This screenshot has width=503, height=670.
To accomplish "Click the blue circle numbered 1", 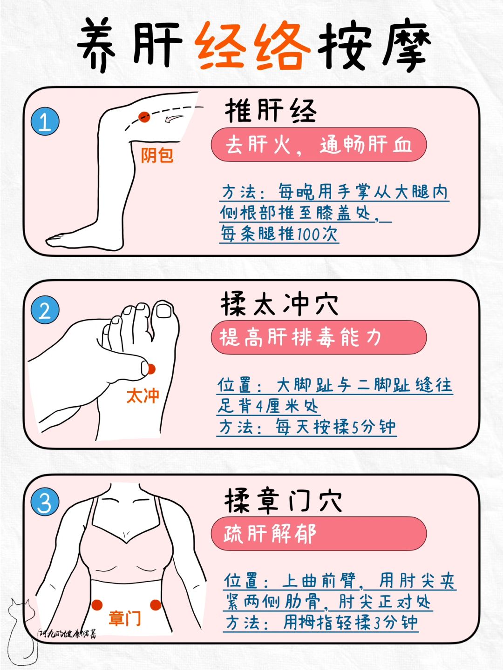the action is click(45, 121).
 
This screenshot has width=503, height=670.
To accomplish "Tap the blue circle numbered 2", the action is click(45, 310).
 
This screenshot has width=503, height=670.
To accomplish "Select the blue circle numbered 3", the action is click(45, 502).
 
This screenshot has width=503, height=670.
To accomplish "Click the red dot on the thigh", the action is click(144, 117).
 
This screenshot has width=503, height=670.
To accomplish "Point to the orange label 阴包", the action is click(157, 155).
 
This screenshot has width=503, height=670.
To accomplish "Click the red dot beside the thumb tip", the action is click(151, 368).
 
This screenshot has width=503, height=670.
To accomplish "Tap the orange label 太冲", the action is click(143, 395).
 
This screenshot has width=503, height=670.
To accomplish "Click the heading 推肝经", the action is click(271, 111).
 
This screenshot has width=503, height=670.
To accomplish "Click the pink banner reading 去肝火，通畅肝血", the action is click(319, 144).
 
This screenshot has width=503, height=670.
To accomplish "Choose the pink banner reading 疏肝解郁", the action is click(319, 534).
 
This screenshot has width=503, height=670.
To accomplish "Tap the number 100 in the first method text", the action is click(308, 234).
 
